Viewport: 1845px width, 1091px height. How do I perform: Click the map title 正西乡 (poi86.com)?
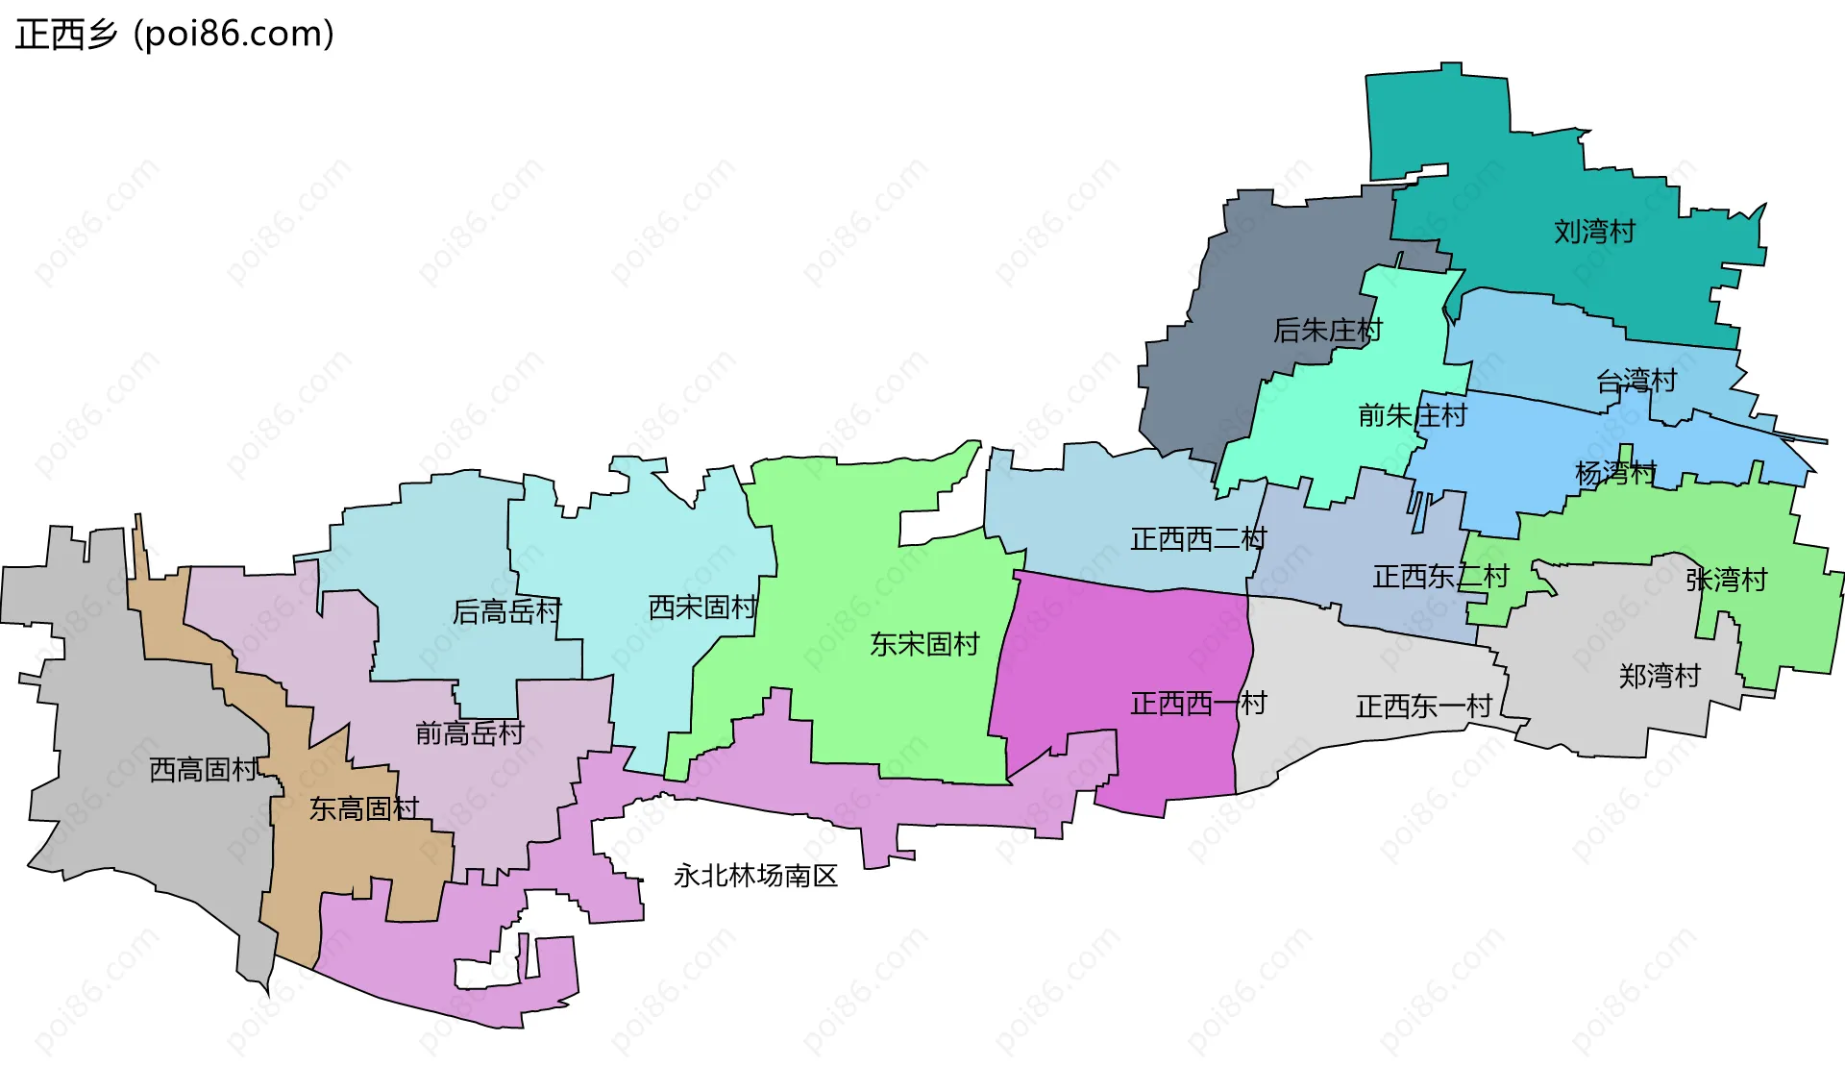(174, 35)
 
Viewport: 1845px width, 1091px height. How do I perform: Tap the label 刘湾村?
(1594, 232)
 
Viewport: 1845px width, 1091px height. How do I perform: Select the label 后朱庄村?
(1327, 331)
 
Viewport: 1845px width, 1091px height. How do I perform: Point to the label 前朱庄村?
(1412, 415)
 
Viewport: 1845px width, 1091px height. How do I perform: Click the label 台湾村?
(1636, 382)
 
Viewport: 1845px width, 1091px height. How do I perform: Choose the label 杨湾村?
(1615, 473)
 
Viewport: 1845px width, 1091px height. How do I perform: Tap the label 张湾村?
(1726, 580)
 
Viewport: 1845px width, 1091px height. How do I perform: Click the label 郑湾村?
(1660, 676)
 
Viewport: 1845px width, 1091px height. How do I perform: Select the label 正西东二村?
(1440, 577)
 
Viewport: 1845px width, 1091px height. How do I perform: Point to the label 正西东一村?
(1423, 707)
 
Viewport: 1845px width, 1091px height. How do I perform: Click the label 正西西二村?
(1198, 539)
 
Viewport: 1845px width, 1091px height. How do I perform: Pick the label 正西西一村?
(1198, 704)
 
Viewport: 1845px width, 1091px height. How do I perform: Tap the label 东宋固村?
(923, 644)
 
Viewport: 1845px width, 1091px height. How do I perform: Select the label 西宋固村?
(702, 607)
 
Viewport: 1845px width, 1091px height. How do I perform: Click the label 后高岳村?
(506, 611)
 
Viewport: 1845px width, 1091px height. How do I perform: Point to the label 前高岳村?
(469, 733)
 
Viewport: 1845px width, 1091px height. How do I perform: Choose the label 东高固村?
(363, 809)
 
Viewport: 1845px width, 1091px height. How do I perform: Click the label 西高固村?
(204, 770)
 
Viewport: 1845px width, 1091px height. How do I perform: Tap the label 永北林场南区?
(755, 876)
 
